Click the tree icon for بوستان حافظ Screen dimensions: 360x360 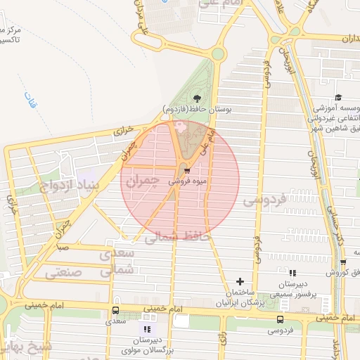[x=196, y=98]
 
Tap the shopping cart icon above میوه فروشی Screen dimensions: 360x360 [x=186, y=169]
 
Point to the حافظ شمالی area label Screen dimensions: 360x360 [x=177, y=238]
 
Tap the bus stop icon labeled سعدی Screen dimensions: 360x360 [x=115, y=310]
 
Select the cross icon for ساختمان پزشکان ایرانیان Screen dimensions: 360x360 [x=240, y=281]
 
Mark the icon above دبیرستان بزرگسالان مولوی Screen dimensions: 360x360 [x=147, y=328]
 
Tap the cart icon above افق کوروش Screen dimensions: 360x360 [x=342, y=262]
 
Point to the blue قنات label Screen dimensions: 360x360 [x=29, y=101]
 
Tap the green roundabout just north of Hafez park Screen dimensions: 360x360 [x=218, y=53]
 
